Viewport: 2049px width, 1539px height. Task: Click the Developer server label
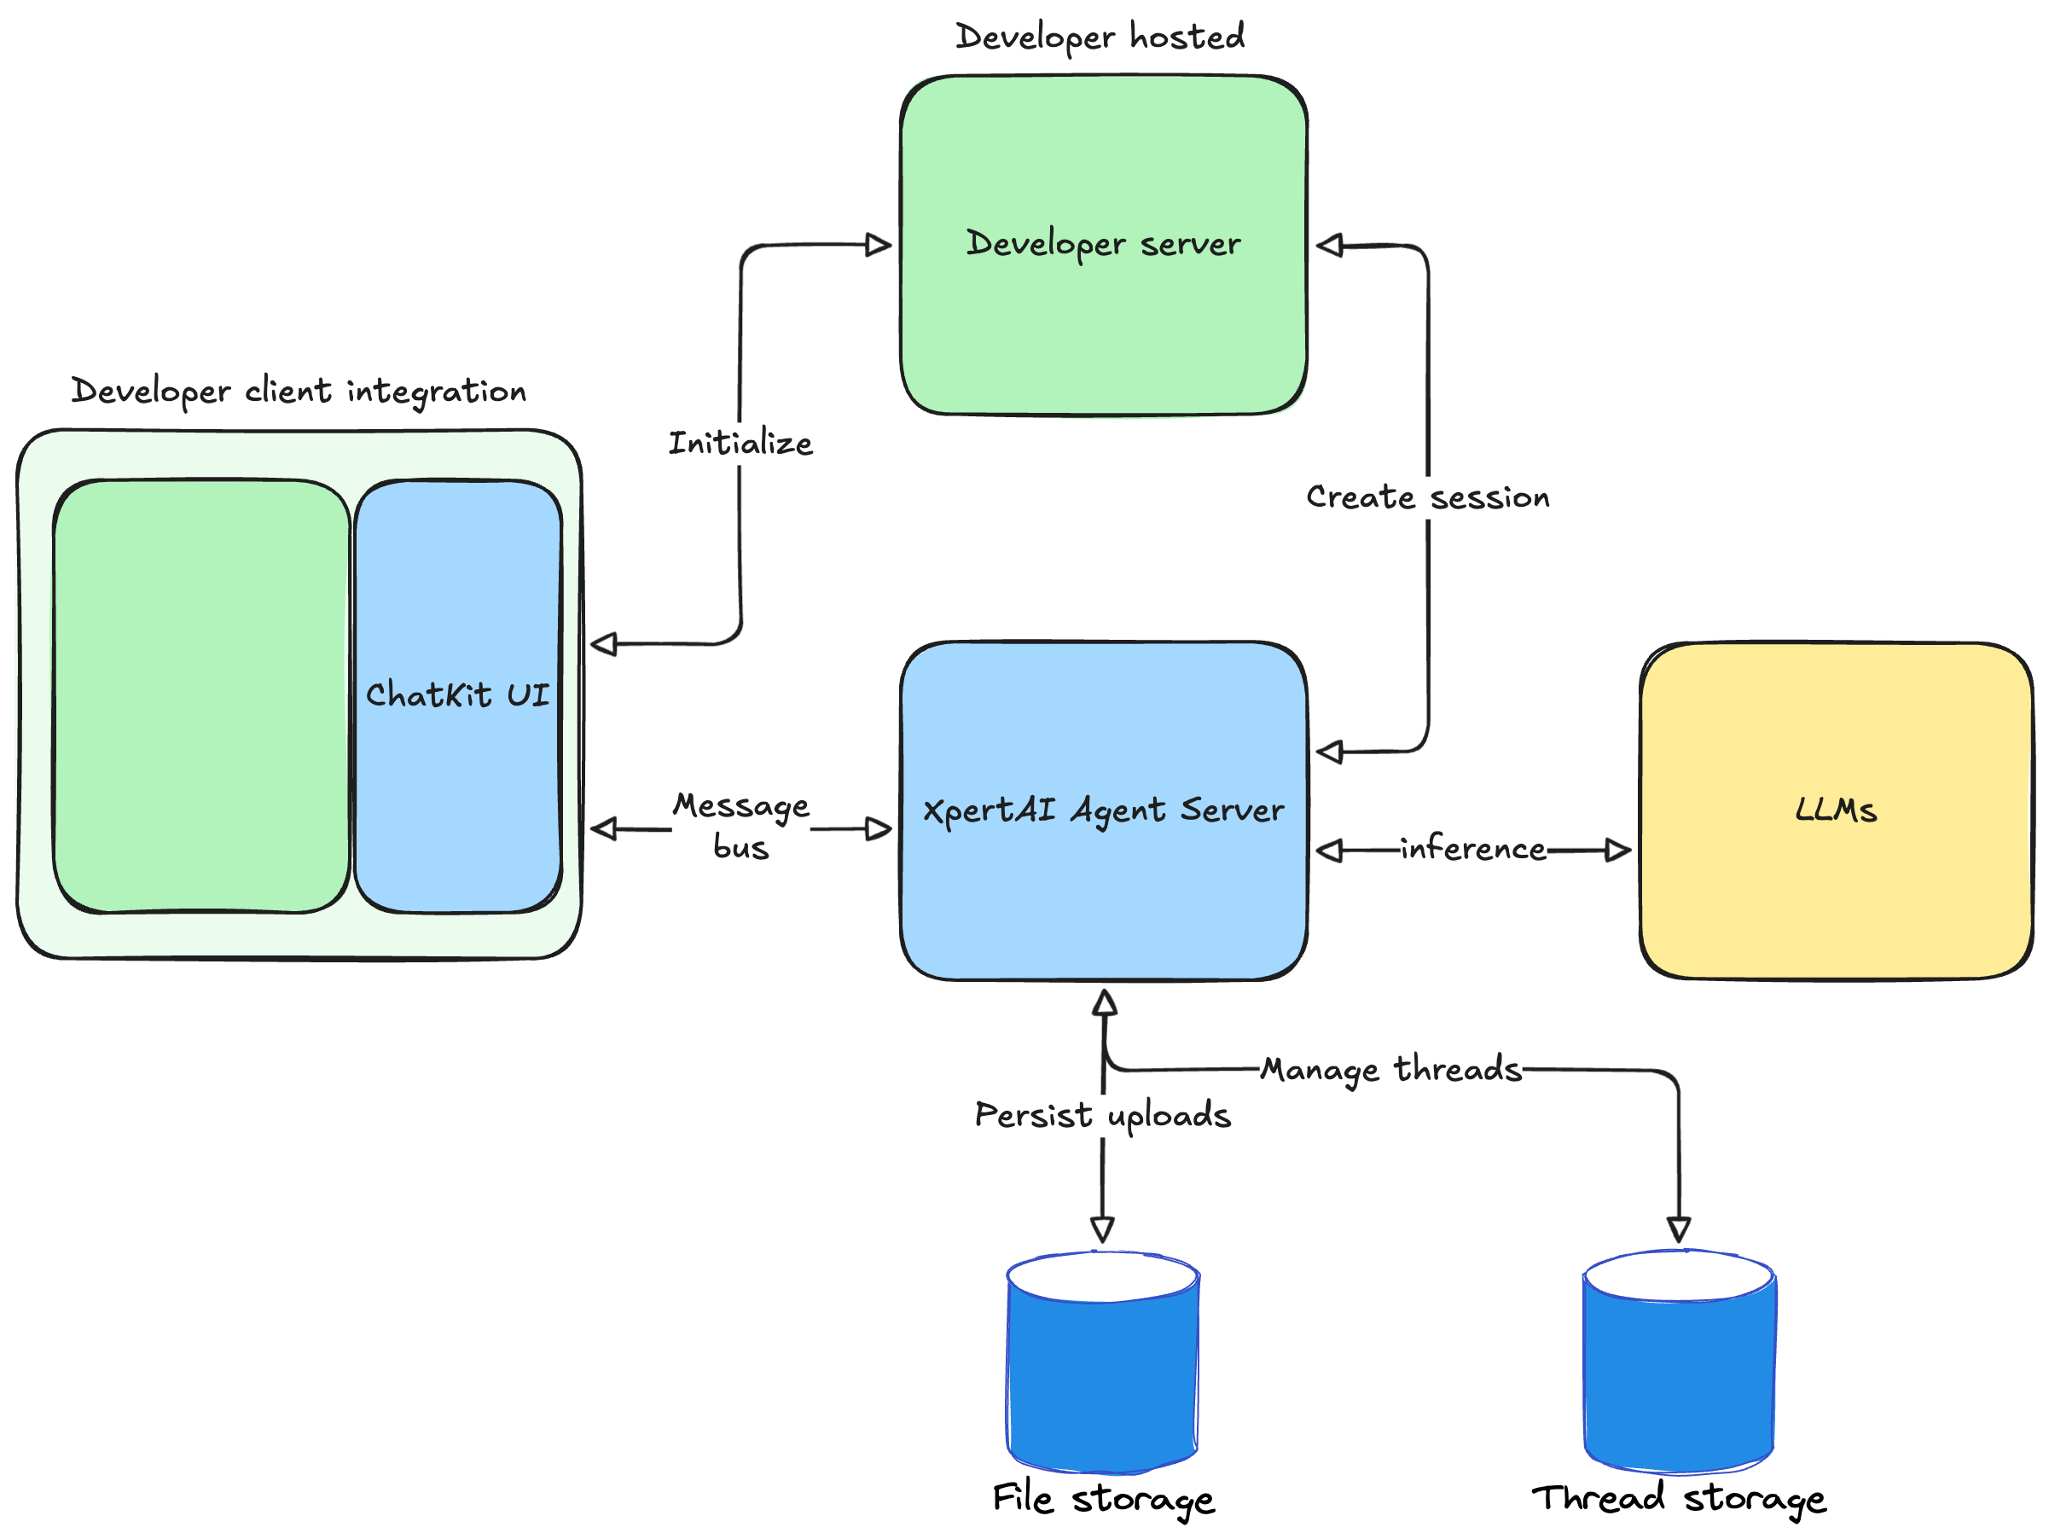(1102, 244)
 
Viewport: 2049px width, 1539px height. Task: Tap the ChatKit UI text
(457, 695)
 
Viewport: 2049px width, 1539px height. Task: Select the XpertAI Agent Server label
(1102, 810)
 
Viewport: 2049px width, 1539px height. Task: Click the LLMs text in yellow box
(1835, 810)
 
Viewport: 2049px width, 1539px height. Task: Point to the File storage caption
(1102, 1498)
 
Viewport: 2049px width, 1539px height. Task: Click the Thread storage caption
(1679, 1498)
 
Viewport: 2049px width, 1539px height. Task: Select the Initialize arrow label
(740, 443)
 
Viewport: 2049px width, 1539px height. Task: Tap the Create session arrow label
(1427, 497)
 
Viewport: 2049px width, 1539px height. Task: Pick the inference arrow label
(1473, 849)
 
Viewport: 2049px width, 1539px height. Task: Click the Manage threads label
(1390, 1069)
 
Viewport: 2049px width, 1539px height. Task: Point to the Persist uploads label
(1102, 1115)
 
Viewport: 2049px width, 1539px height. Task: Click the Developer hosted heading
(1100, 37)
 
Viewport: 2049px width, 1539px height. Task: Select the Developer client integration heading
(299, 391)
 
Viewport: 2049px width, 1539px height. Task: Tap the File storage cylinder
(1102, 1371)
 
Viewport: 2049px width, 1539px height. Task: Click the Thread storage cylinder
(1679, 1371)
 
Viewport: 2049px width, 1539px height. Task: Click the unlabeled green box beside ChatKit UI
(201, 695)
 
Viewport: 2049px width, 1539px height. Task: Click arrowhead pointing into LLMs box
(1617, 850)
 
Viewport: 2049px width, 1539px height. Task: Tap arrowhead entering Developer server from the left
(877, 245)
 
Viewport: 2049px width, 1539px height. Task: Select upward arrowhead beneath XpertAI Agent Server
(1104, 1002)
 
